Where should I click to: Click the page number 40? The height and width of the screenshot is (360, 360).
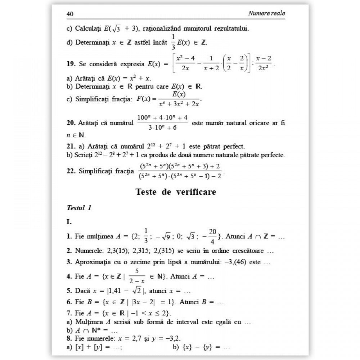coord(70,14)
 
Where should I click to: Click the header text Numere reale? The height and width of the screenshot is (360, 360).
coord(266,13)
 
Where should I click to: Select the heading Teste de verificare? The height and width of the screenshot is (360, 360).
coord(176,192)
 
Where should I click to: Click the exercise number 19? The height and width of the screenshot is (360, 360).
coord(71,64)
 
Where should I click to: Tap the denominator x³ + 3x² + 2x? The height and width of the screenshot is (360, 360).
coord(179,104)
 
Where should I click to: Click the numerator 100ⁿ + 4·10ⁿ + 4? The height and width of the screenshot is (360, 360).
coord(162,118)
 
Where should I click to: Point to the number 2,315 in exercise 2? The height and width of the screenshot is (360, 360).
coord(145,251)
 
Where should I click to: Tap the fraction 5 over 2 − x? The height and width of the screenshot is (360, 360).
coord(136,277)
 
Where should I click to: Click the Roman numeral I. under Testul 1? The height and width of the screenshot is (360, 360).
coord(69,222)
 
